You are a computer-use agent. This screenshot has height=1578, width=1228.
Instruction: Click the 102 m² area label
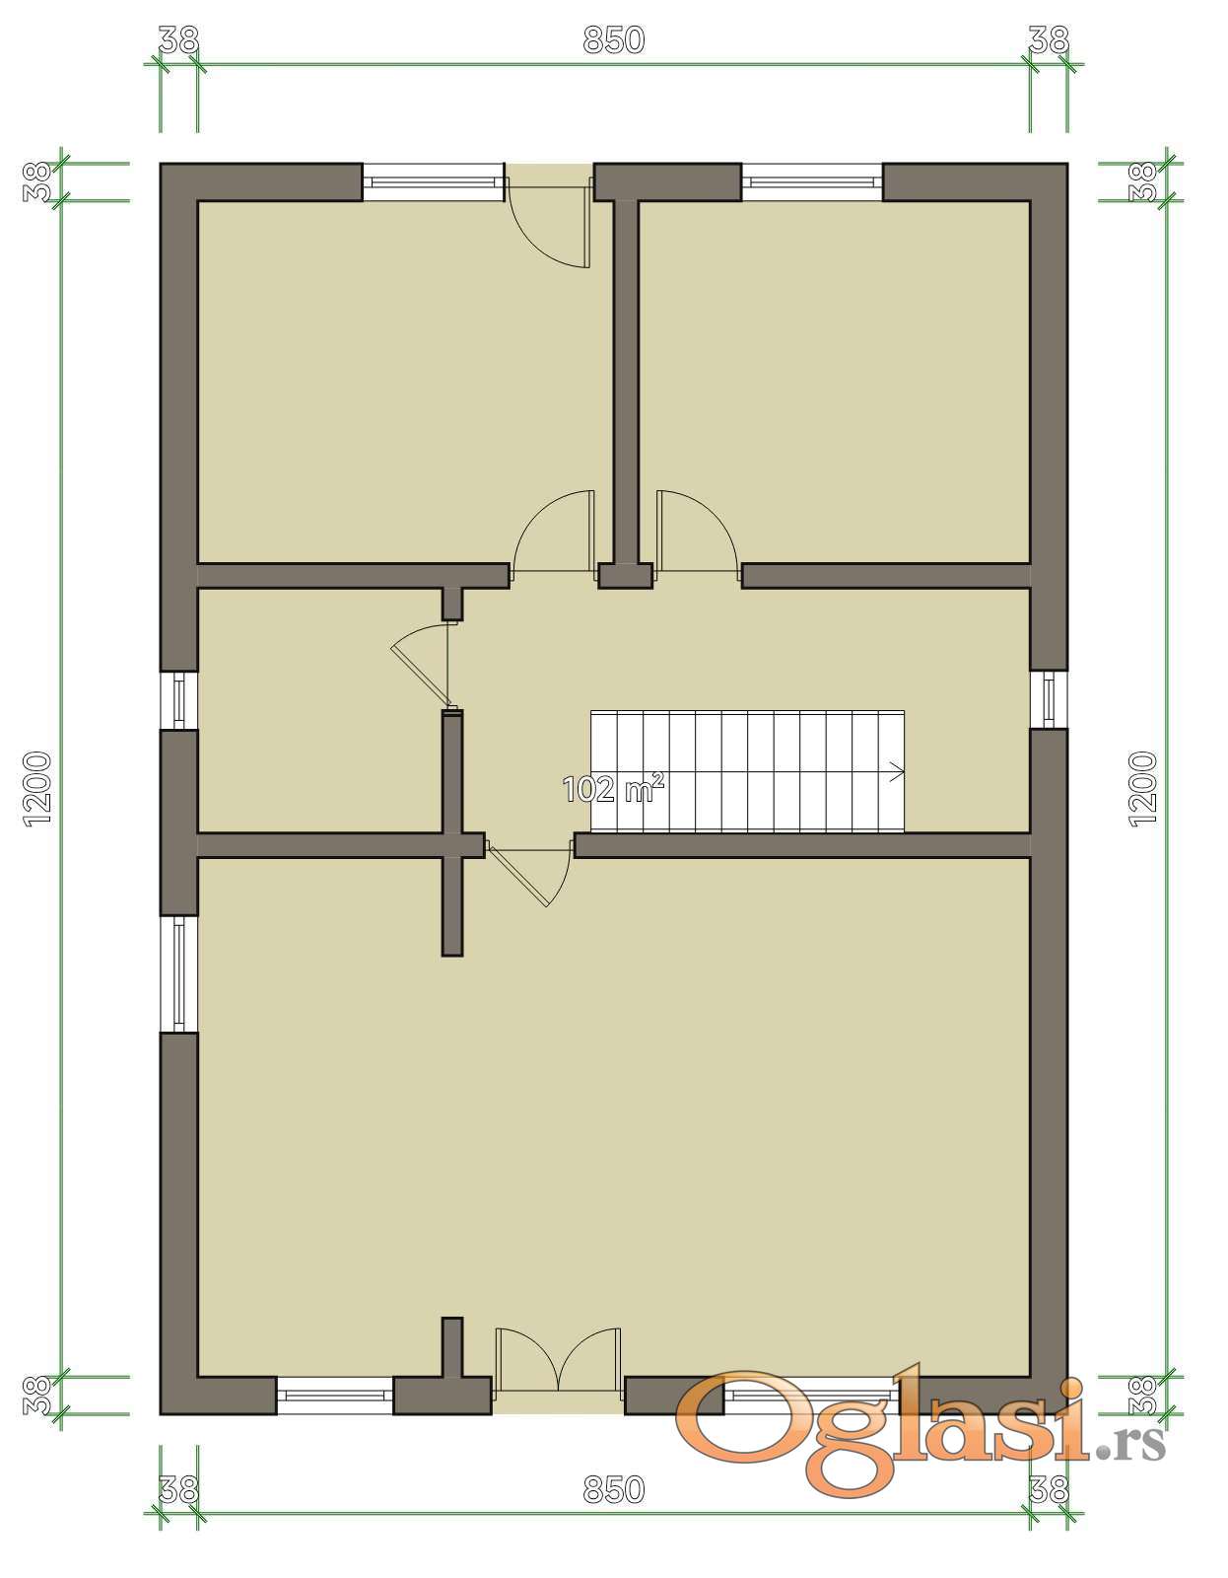click(613, 789)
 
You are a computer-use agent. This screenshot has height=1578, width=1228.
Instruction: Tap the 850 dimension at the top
click(614, 39)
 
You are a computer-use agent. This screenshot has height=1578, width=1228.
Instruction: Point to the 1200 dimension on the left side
click(37, 789)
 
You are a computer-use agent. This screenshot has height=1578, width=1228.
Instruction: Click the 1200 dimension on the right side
click(1142, 789)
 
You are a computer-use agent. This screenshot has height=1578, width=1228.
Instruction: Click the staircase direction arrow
click(897, 771)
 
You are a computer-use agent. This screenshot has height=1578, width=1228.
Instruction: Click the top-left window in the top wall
click(433, 181)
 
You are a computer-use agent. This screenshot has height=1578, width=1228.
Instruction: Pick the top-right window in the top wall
click(812, 181)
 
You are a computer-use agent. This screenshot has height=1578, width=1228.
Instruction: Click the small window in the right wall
click(1049, 699)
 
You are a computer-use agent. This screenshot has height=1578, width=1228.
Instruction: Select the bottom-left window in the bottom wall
click(335, 1395)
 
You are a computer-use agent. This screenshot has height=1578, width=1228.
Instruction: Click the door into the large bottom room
click(529, 874)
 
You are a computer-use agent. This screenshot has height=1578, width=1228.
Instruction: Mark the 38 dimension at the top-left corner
click(178, 39)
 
